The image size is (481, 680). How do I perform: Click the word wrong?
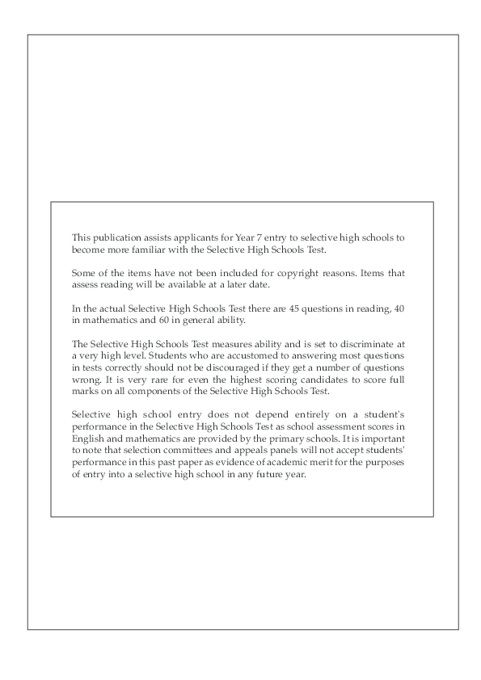point(86,379)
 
